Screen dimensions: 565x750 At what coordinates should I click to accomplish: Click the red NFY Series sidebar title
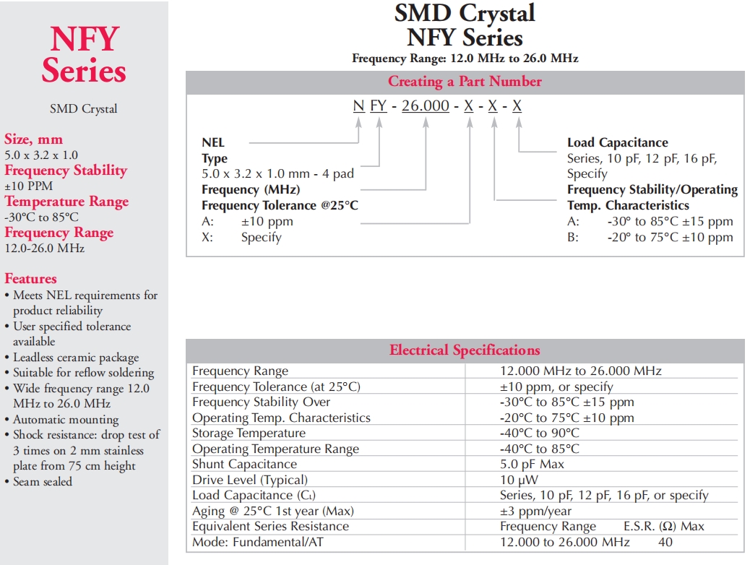84,55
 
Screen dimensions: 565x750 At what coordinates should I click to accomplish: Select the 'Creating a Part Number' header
465,82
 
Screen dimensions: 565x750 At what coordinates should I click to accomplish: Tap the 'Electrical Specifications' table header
465,350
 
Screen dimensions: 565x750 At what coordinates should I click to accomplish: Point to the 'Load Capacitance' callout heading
617,143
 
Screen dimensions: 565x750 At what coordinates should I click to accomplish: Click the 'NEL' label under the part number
213,143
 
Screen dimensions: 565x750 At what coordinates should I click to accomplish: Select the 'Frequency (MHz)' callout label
250,189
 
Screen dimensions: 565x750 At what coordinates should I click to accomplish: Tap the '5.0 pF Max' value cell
532,465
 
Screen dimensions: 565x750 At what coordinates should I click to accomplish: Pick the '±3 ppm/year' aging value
535,511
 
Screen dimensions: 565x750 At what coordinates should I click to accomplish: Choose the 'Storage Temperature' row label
249,433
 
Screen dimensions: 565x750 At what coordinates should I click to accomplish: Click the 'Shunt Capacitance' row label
244,465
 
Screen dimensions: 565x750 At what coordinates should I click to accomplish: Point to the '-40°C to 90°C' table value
540,433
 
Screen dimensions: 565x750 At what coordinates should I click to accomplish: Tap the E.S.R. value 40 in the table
665,542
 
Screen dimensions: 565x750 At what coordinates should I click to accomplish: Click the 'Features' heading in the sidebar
30,279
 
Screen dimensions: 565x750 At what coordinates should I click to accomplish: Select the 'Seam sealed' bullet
43,481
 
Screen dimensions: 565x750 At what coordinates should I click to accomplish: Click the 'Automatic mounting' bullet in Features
66,419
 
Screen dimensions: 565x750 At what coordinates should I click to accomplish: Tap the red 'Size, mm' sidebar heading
33,139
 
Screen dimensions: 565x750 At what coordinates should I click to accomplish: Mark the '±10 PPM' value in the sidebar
28,186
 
